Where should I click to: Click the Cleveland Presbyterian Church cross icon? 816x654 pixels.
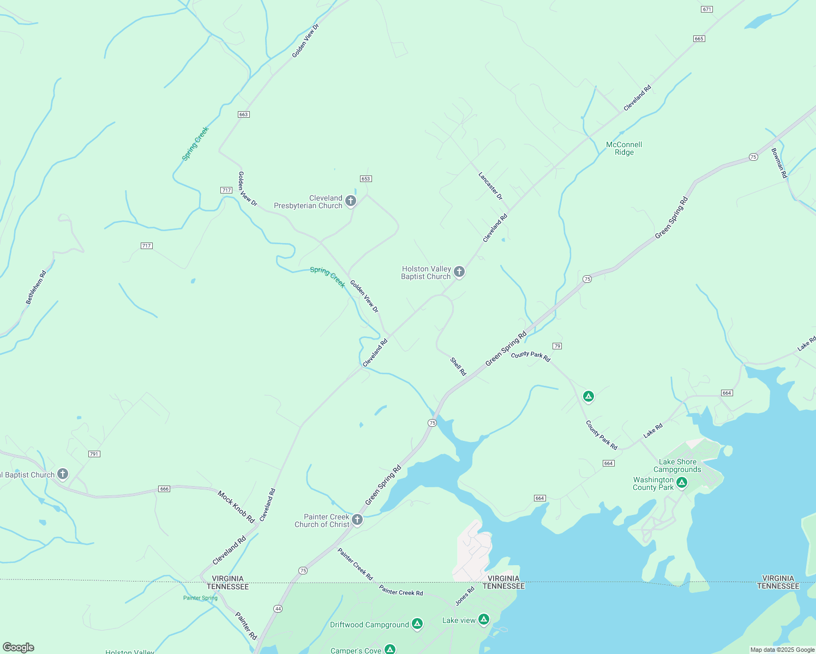pos(351,201)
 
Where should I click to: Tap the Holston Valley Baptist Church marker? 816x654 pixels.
pos(459,271)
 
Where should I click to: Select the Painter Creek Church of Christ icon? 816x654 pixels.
pos(357,519)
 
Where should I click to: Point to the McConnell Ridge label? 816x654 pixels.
pos(624,148)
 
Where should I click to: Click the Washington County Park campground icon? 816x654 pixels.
pos(681,482)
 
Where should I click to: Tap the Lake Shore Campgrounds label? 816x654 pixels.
pos(677,465)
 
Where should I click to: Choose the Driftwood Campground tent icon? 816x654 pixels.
pos(417,623)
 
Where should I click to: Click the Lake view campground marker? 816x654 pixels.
pos(484,619)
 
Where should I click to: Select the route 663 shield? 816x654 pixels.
pos(243,114)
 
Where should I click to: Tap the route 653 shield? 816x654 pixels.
pos(365,179)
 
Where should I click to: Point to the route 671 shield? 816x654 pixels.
pos(707,9)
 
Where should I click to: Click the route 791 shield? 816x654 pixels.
pos(94,454)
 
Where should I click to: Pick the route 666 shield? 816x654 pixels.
pos(164,489)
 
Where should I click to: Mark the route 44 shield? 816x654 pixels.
pos(278,609)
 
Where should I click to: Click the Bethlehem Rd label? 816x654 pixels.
pos(37,287)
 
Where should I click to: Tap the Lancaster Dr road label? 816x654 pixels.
pos(490,186)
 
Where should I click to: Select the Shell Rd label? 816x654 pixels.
pos(458,366)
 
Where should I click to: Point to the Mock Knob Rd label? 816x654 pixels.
pos(236,507)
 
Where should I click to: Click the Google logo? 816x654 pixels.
pos(18,647)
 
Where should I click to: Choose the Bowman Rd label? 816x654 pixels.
pos(779,163)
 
